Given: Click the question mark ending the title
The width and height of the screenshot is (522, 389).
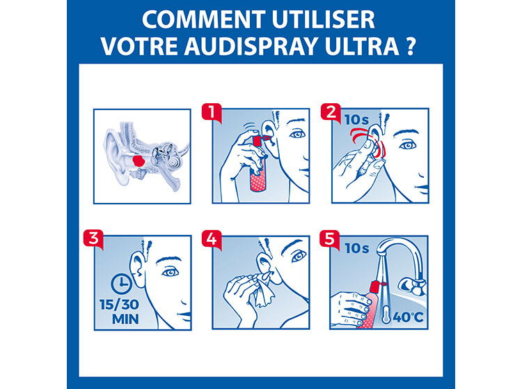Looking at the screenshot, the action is click(x=411, y=46).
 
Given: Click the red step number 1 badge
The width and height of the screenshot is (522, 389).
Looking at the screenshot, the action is click(x=212, y=112).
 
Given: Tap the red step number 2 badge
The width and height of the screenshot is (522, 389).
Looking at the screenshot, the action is click(x=331, y=112).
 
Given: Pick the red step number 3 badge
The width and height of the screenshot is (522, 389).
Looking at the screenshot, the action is click(x=93, y=238).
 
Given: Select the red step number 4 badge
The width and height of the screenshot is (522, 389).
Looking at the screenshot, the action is click(x=212, y=238).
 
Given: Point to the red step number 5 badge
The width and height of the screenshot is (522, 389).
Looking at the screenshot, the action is click(x=330, y=238).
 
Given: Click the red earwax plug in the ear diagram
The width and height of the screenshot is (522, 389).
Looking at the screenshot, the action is click(x=139, y=161).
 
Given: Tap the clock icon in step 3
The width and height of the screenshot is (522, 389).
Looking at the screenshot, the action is click(x=121, y=284).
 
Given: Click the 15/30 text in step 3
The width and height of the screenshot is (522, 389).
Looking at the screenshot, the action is click(x=119, y=305).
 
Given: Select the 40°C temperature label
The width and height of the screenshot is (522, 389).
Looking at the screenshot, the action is click(x=408, y=317).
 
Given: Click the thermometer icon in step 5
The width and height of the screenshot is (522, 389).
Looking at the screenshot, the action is click(x=386, y=314).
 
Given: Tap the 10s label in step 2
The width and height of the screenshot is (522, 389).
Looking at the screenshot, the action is click(x=357, y=120).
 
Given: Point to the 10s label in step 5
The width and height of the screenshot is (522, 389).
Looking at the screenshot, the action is click(x=357, y=248).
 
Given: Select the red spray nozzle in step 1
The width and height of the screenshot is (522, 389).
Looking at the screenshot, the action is click(x=260, y=139).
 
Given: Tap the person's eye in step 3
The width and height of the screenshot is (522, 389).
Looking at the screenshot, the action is click(x=171, y=273).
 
